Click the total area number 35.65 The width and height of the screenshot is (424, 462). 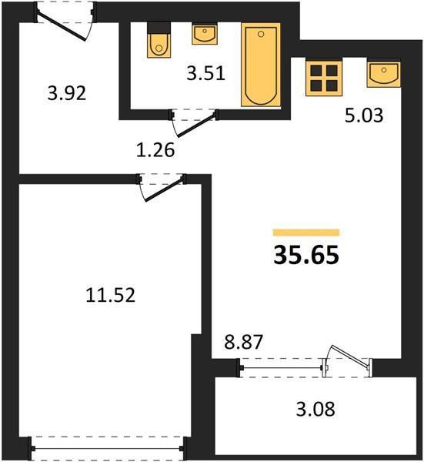[306, 255]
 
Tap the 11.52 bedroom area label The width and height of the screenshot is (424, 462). [111, 295]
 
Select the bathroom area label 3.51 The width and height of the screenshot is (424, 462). [205, 73]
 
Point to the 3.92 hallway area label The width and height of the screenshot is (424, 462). [67, 94]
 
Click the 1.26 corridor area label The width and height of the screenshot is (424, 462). [155, 150]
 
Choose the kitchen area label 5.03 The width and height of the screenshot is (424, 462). [364, 115]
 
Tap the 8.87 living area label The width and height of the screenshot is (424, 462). [243, 342]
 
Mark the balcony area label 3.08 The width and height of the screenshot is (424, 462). [315, 410]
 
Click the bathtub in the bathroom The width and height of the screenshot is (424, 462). [261, 65]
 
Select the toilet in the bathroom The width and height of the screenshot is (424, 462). [159, 40]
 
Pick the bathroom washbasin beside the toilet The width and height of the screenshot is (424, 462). [205, 35]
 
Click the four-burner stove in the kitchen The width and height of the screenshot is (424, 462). [324, 77]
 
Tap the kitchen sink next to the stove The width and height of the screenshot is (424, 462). [384, 73]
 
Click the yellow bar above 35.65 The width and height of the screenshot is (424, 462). [306, 233]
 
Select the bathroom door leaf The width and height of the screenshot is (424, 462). [195, 126]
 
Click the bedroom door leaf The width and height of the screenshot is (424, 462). [164, 190]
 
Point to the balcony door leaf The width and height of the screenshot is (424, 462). [350, 357]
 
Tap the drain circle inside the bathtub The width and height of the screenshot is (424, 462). [261, 35]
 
